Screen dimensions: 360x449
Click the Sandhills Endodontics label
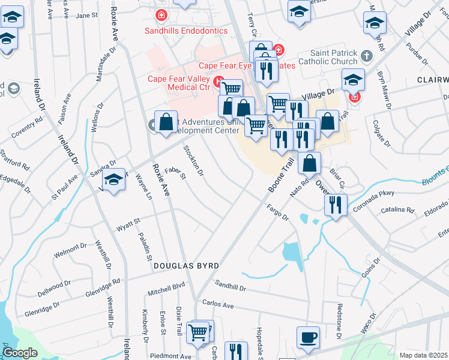[x=186, y=31]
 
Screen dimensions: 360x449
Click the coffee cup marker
[x=308, y=338]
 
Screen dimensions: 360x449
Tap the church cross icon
[x=366, y=57]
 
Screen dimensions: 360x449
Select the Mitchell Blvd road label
[x=166, y=290]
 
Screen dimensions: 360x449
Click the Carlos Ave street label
[x=218, y=304]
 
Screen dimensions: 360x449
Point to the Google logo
[x=20, y=353]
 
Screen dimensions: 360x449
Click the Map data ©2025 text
[x=423, y=355]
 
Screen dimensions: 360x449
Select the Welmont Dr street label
[x=71, y=246]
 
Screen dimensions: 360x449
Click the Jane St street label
[x=87, y=15]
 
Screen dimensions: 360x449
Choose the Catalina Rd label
[x=402, y=211]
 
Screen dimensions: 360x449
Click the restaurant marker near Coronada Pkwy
[x=336, y=205]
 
